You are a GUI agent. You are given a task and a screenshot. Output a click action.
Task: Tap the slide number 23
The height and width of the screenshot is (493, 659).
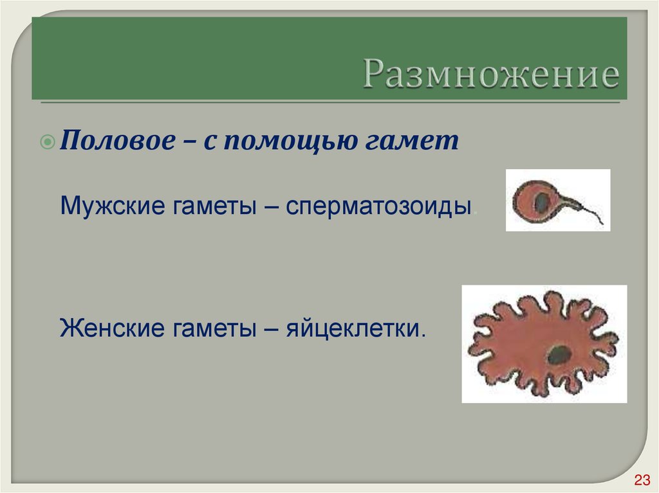642,480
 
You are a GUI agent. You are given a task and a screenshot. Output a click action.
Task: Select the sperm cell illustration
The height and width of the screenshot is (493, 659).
557,200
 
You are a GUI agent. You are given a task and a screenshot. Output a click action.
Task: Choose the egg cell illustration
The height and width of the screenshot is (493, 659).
544,344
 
